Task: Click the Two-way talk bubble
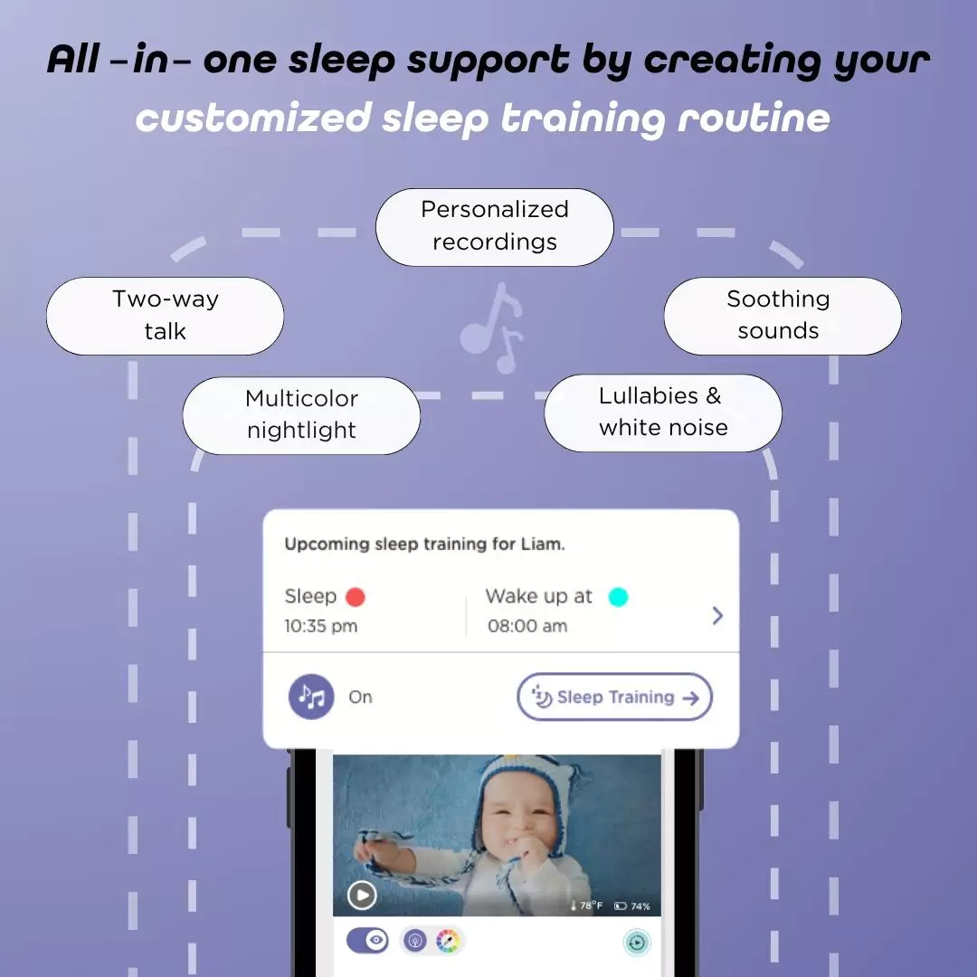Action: (x=165, y=316)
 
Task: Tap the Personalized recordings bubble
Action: (x=494, y=226)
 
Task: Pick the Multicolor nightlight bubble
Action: (x=301, y=415)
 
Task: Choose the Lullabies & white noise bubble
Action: (x=662, y=413)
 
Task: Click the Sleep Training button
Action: (x=615, y=697)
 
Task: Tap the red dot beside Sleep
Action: (x=356, y=597)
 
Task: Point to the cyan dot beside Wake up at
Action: (x=618, y=597)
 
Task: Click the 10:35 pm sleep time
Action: (x=320, y=626)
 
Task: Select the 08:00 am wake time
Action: (x=527, y=626)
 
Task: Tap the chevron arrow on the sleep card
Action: (x=717, y=615)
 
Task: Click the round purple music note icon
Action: (x=311, y=697)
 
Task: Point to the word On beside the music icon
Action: (x=360, y=697)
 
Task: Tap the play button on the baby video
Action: (x=362, y=896)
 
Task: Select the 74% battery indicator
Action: (x=632, y=906)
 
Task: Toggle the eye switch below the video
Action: (x=368, y=941)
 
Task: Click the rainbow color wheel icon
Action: (x=448, y=941)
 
